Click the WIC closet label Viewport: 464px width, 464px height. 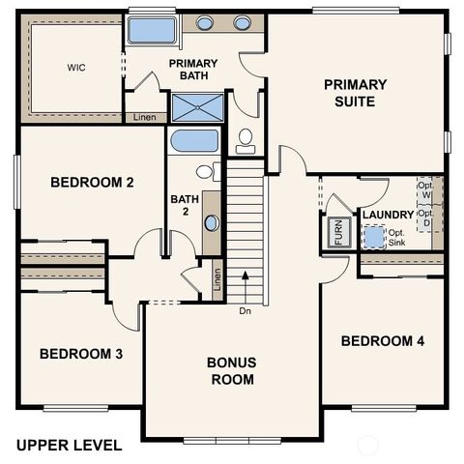pyautogui.click(x=75, y=69)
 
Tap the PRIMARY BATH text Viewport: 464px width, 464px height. pyautogui.click(x=193, y=70)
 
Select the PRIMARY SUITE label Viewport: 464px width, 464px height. pyautogui.click(x=355, y=92)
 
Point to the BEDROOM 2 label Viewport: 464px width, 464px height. pyautogui.click(x=91, y=182)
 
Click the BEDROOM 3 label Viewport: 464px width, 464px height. pyautogui.click(x=80, y=354)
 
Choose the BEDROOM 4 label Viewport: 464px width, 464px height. pyautogui.click(x=382, y=341)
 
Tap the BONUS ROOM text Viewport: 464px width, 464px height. pyautogui.click(x=231, y=371)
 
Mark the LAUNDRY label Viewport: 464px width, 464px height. pyautogui.click(x=388, y=215)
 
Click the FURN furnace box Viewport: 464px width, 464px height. pyautogui.click(x=338, y=233)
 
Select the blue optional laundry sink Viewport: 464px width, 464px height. pyautogui.click(x=373, y=236)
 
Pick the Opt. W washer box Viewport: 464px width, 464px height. pyautogui.click(x=425, y=189)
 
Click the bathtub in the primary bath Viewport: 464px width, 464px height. pyautogui.click(x=152, y=29)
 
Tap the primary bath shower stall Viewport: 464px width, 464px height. pyautogui.click(x=196, y=106)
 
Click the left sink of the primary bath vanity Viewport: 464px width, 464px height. pyautogui.click(x=205, y=23)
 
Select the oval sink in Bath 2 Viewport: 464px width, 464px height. pyautogui.click(x=212, y=222)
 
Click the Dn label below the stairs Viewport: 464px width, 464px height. pyautogui.click(x=246, y=311)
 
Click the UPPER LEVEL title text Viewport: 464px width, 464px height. pyautogui.click(x=69, y=446)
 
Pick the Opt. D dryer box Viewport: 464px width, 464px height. pyautogui.click(x=425, y=218)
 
